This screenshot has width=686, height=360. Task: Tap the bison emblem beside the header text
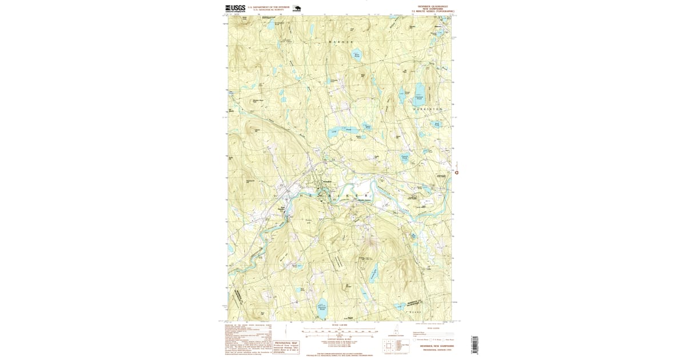click(296, 9)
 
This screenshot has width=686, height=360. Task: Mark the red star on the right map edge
click(456, 172)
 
